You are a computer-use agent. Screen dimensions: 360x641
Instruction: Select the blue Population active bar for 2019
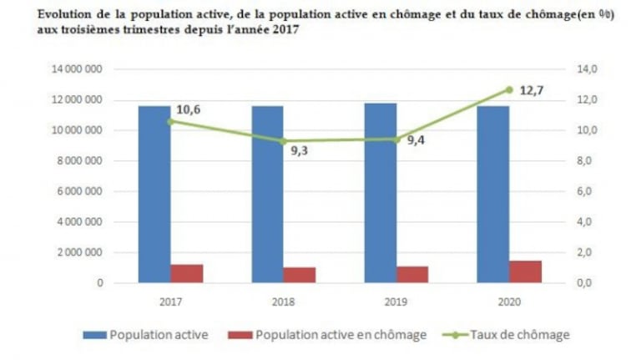380,193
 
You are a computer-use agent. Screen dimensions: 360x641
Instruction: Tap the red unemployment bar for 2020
525,271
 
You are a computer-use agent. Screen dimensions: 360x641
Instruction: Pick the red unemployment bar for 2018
300,275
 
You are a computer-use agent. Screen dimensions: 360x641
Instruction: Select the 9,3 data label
300,151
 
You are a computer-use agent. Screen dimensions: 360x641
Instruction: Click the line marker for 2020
509,89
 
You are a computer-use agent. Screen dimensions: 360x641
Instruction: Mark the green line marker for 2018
283,141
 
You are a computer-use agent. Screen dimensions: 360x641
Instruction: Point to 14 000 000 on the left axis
74,69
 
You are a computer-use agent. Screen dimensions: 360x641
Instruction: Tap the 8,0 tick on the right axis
584,161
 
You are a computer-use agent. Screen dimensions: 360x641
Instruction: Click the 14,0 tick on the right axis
583,69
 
